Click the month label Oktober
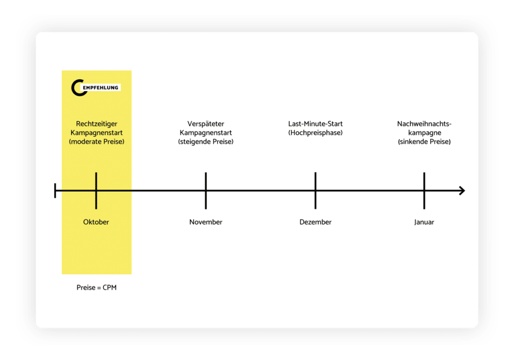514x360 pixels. tap(96, 222)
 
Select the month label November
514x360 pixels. tap(206, 222)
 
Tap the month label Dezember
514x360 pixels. tap(316, 222)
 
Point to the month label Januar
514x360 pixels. tap(424, 222)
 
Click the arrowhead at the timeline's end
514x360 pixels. tap(462, 191)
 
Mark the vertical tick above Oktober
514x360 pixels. tap(96, 191)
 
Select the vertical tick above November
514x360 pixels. tap(206, 191)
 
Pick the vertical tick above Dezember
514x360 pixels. tap(316, 191)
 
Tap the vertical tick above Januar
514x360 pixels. tap(424, 191)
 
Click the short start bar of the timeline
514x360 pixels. tap(55, 191)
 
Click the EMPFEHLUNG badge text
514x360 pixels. tap(100, 88)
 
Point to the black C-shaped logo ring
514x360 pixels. tap(73, 88)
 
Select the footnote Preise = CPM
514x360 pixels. tap(96, 287)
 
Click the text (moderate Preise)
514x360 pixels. tap(96, 141)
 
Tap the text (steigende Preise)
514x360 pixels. tap(206, 141)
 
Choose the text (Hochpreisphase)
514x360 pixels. tap(316, 133)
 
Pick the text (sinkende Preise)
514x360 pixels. tap(424, 141)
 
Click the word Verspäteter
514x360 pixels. tap(206, 124)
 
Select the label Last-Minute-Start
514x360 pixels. tap(316, 124)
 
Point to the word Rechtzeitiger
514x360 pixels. tap(96, 124)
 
